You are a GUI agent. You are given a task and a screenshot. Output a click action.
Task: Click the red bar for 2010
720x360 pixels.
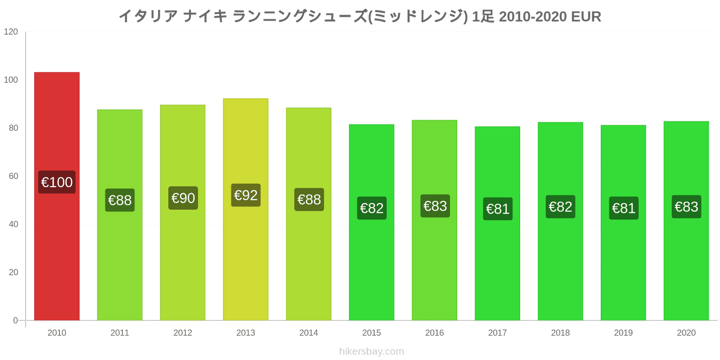[x=57, y=196]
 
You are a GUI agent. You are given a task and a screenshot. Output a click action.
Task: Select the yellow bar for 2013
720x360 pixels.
[x=246, y=209]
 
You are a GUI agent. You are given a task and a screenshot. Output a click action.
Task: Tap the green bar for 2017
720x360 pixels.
[x=497, y=223]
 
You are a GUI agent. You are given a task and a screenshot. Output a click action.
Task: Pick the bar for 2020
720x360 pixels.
[x=686, y=221]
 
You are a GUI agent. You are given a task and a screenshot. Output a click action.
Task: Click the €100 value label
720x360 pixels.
[x=57, y=182]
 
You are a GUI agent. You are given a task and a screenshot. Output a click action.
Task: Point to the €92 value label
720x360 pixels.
[x=246, y=195]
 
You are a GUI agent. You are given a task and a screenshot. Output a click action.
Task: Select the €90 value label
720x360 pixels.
[x=183, y=198]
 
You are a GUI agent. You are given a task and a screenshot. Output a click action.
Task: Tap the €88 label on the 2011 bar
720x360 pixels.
[x=120, y=200]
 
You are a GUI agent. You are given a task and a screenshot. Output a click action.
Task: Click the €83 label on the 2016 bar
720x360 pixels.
[x=435, y=206]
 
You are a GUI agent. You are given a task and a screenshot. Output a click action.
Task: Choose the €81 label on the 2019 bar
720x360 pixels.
[x=624, y=208]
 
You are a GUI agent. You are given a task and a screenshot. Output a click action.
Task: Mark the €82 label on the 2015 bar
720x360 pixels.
[x=372, y=208]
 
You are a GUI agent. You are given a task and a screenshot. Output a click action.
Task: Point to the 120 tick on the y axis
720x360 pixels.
[x=11, y=32]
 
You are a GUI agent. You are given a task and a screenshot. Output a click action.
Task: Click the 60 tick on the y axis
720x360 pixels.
[x=13, y=176]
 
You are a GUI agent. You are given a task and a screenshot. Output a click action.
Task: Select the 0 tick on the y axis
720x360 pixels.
[x=15, y=320]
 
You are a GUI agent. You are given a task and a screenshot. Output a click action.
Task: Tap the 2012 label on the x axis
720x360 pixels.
[x=183, y=333]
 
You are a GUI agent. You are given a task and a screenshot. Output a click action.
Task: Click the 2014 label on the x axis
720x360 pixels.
[x=309, y=333]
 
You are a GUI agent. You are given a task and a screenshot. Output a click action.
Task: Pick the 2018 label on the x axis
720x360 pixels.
[x=560, y=333]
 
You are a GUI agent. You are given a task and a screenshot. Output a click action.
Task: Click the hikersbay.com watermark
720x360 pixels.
[x=372, y=351]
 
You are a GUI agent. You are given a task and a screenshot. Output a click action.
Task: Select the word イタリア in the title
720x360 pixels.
[x=148, y=17]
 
